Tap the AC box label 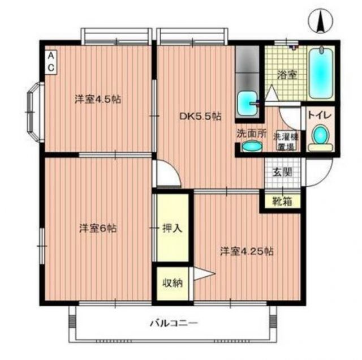coord(51,62)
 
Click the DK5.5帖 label coord(200,116)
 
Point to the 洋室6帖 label coord(98,229)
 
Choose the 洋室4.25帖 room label coord(247,251)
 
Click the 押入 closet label coord(172,229)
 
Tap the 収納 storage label coord(173,283)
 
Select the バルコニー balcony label coord(173,324)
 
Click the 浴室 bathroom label coord(286,74)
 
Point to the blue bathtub coord(321,74)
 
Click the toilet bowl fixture coord(321,137)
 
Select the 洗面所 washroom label coord(251,134)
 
